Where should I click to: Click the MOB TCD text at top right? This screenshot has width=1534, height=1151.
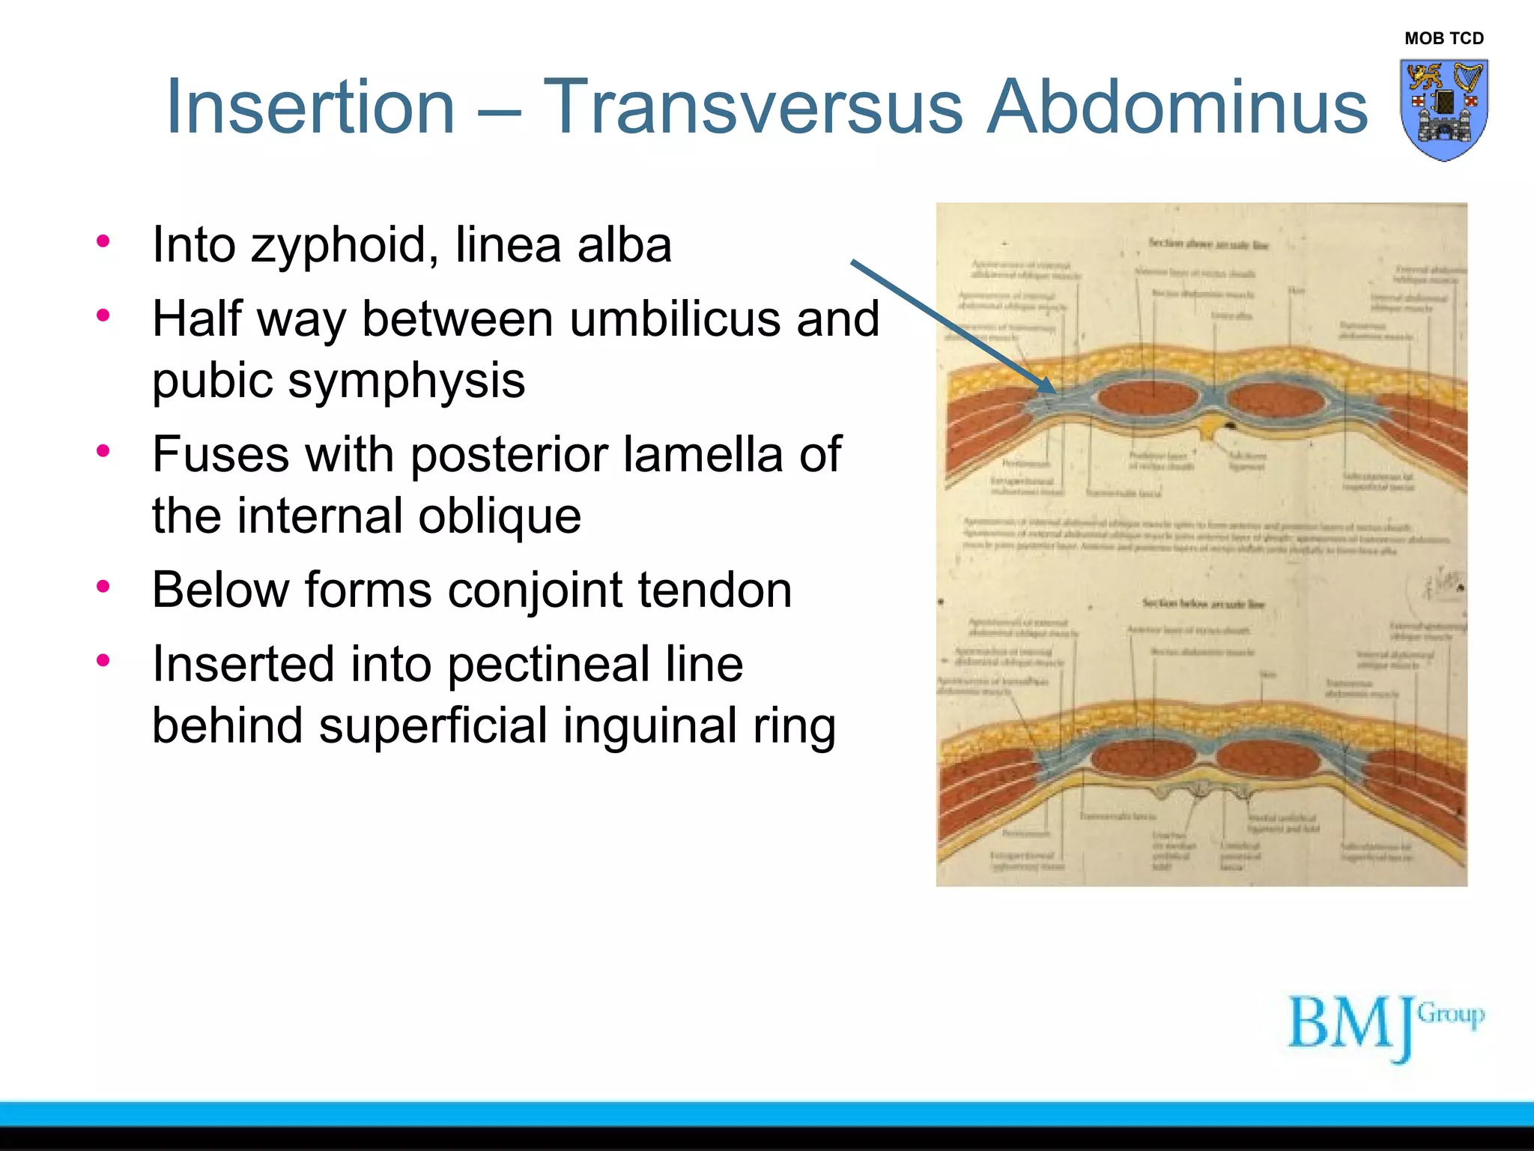coord(1443,38)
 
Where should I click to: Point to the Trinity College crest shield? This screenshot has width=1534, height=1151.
coord(1443,109)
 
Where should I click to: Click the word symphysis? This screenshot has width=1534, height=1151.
coord(406,381)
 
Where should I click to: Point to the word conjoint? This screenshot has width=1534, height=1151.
coord(535,590)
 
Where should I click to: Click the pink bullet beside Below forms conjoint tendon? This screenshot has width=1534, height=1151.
coord(103,586)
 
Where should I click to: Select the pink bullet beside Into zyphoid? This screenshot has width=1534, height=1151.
coord(103,241)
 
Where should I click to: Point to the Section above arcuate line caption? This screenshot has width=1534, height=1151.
coord(1208,244)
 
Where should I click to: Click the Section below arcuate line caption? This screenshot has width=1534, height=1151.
coord(1203,603)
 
